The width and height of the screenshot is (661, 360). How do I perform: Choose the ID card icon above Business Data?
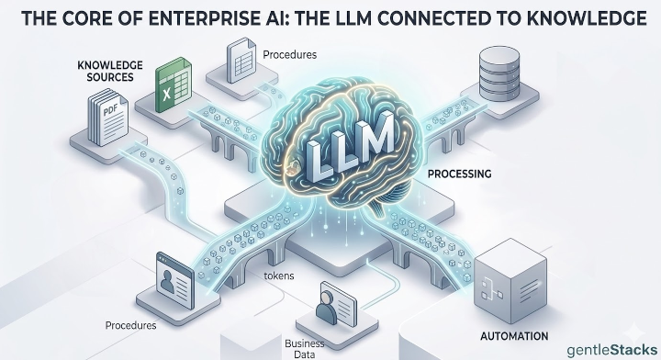pos(335,300)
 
